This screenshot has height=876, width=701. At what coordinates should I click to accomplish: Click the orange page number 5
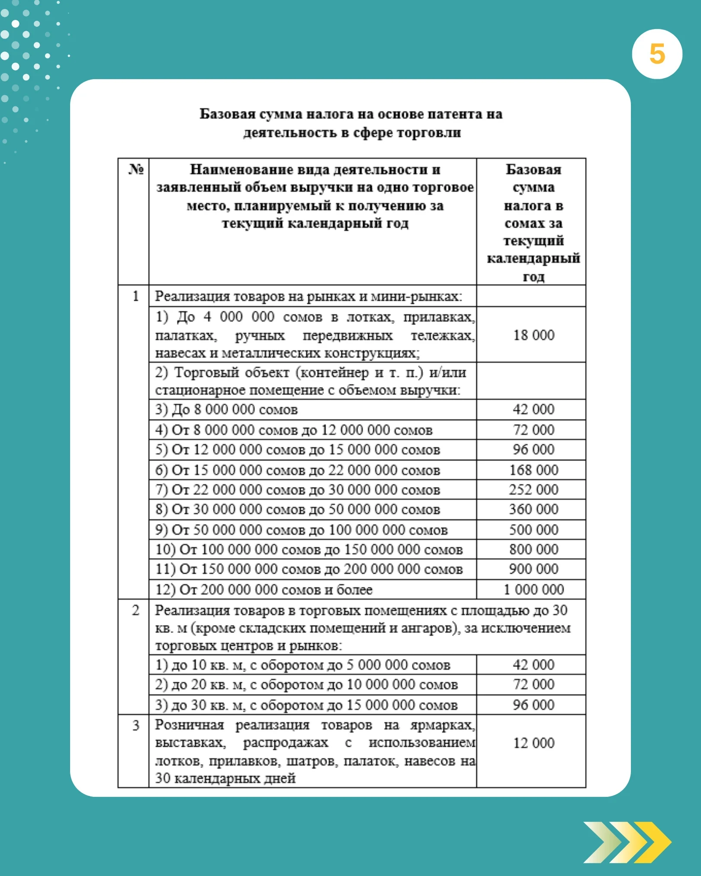pyautogui.click(x=657, y=55)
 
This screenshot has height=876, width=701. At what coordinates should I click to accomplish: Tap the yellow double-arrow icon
pyautogui.click(x=627, y=842)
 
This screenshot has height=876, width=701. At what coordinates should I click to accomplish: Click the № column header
pyautogui.click(x=135, y=170)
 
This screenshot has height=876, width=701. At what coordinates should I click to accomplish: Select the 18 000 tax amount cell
pyautogui.click(x=533, y=335)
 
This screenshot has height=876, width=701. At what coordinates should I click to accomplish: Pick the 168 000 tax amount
pyautogui.click(x=533, y=470)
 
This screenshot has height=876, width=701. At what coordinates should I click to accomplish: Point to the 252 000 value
pyautogui.click(x=533, y=490)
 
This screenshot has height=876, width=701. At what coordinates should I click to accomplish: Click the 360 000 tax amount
pyautogui.click(x=533, y=509)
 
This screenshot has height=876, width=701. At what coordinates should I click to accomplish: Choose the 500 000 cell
pyautogui.click(x=533, y=529)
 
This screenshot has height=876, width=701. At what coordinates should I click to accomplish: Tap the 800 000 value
pyautogui.click(x=533, y=549)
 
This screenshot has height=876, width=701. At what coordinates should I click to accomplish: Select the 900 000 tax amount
pyautogui.click(x=533, y=569)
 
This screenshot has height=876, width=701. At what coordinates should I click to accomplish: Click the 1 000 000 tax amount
pyautogui.click(x=533, y=589)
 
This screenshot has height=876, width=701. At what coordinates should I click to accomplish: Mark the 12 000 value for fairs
pyautogui.click(x=533, y=743)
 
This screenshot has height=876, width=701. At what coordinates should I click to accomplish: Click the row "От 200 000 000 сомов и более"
pyautogui.click(x=264, y=590)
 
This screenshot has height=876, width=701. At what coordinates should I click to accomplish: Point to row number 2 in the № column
pyautogui.click(x=135, y=610)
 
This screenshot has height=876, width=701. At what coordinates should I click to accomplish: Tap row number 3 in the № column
pyautogui.click(x=135, y=725)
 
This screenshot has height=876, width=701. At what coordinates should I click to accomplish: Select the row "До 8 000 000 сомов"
pyautogui.click(x=227, y=410)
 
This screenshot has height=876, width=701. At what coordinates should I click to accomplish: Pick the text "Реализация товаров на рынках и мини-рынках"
pyautogui.click(x=308, y=296)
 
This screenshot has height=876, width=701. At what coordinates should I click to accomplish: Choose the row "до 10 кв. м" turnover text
pyautogui.click(x=303, y=665)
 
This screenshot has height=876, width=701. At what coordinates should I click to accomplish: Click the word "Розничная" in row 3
pyautogui.click(x=190, y=725)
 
